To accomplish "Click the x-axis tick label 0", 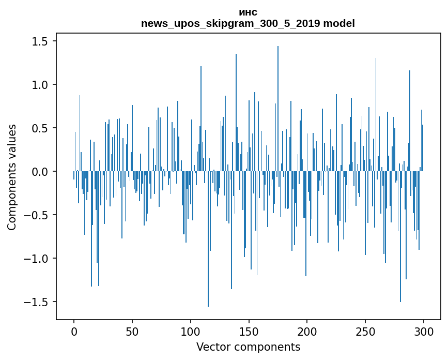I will tap(74, 332).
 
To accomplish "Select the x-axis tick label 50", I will tap(132, 332).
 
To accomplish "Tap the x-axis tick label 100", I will tap(191, 332).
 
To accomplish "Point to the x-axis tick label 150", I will tap(249, 332).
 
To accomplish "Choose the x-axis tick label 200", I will tap(307, 332).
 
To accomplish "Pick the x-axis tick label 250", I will tap(365, 332).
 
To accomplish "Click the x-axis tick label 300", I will tap(424, 332).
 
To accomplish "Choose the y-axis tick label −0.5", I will tap(37, 215).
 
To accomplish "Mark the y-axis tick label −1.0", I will tap(37, 259).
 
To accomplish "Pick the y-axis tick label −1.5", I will tap(37, 302).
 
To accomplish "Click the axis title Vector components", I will tap(248, 347).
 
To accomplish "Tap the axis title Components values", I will tap(12, 177).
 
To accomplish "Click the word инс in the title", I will tap(248, 12).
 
